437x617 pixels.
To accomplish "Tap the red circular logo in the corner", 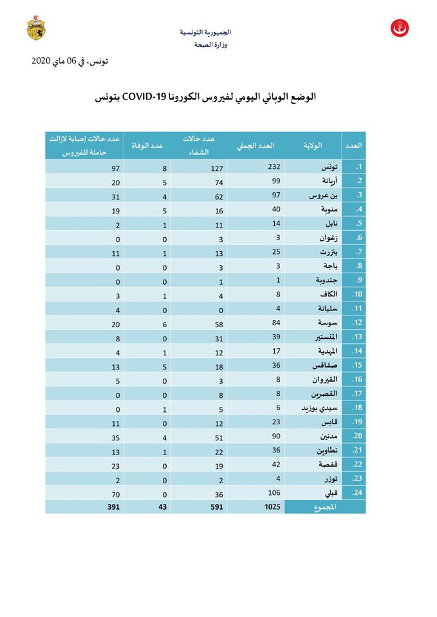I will tap(400, 28).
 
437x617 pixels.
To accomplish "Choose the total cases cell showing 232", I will tap(256, 167).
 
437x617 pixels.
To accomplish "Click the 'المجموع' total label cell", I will tap(325, 506).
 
